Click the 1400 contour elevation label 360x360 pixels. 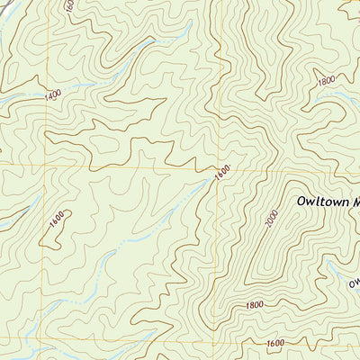51,94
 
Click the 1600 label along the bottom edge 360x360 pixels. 275,343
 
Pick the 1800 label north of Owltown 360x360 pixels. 326,80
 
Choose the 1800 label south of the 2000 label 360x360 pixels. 254,306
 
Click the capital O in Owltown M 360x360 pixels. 301,202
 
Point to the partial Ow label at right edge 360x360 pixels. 354,285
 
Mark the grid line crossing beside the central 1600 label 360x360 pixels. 216,167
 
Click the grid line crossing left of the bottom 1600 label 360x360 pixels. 216,340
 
